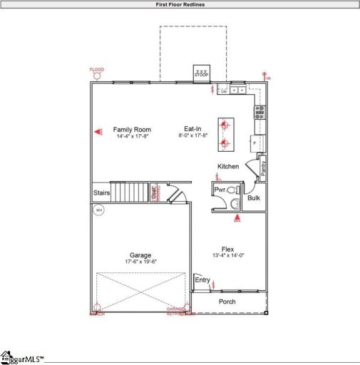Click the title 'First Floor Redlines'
tap(180, 4)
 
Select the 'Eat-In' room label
tap(192, 129)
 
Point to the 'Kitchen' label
tap(229, 166)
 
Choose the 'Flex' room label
tap(227, 249)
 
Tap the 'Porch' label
tap(227, 302)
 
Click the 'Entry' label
tap(203, 280)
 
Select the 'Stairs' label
tap(101, 192)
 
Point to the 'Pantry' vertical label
tap(262, 168)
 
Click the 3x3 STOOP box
tap(202, 73)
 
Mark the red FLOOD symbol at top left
tap(96, 75)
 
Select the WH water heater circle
tap(98, 210)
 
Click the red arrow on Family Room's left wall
tap(99, 131)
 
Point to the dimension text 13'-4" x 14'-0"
tap(227, 256)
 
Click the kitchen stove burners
tap(260, 110)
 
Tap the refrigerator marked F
tap(256, 143)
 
